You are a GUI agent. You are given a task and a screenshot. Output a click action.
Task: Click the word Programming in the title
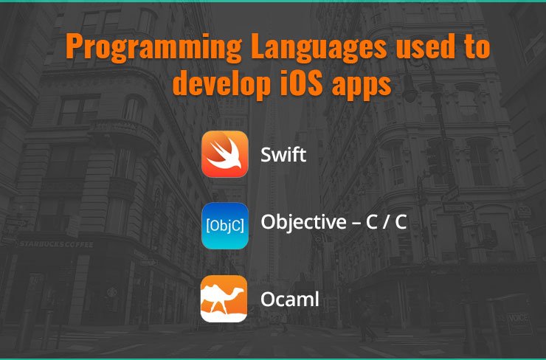point(153,47)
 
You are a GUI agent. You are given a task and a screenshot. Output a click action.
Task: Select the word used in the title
point(425,46)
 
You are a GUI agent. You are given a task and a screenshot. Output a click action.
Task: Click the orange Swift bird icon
point(225,154)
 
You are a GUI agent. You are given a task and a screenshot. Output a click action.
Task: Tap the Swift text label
point(283,155)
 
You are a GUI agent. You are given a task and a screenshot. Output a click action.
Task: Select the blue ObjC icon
point(225,226)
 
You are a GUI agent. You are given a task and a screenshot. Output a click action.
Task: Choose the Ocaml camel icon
point(224,299)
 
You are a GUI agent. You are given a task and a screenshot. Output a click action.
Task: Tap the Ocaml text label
point(290,299)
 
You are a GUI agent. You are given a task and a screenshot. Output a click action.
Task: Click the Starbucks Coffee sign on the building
point(56,244)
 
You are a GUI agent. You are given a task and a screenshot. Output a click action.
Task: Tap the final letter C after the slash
point(401,222)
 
